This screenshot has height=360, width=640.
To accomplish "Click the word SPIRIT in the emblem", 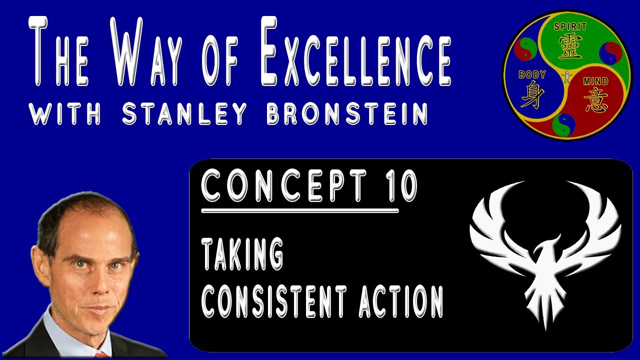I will (x=569, y=27).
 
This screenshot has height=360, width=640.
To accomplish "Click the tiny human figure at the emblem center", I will (x=566, y=77).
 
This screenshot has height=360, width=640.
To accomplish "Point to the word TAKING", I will (x=242, y=254).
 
